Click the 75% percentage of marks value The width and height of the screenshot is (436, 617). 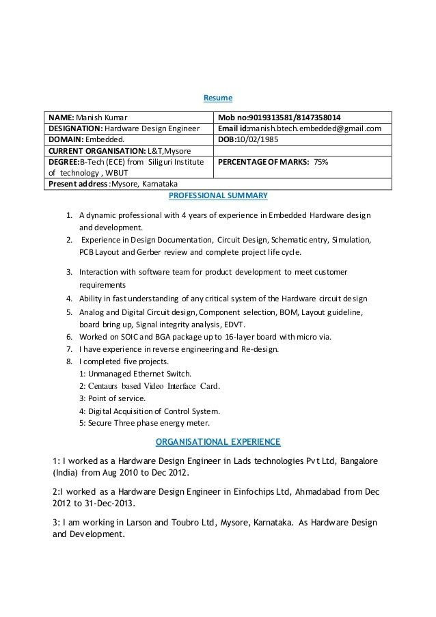[x=321, y=162]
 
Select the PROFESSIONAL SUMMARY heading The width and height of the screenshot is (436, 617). [x=217, y=195]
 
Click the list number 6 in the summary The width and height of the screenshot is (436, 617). [x=70, y=337]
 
